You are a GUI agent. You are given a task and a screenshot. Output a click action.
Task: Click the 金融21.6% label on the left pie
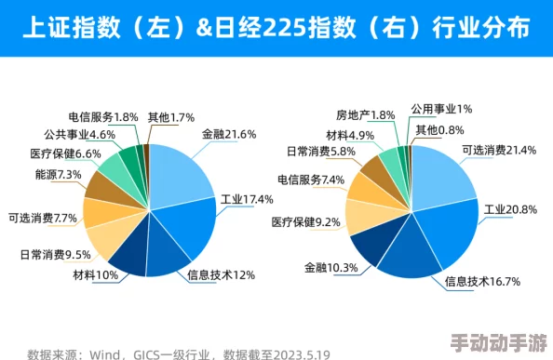pos(228,134)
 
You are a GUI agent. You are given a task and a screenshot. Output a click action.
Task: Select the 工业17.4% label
pos(247,199)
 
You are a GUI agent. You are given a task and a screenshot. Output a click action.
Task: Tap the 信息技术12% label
pos(221,274)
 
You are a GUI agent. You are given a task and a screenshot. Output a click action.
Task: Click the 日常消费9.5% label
pos(55,254)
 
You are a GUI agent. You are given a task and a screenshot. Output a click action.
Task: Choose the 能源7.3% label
pos(59,174)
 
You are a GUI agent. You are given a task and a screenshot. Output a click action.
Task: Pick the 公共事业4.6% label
pos(79,135)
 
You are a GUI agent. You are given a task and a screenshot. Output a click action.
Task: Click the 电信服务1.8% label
pos(103,117)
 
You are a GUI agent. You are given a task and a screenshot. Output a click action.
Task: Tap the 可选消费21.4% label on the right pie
pos(500,150)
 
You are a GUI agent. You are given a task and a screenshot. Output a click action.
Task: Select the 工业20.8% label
pos(510,209)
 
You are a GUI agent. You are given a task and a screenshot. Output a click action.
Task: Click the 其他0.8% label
pos(439,129)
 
